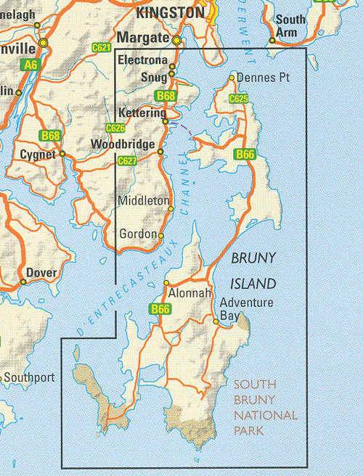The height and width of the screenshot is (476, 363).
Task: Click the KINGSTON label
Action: (x=170, y=12)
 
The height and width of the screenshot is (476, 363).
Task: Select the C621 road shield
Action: (x=102, y=48)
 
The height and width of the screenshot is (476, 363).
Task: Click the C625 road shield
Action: (x=239, y=98)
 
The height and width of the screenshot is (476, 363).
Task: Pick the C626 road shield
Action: (x=115, y=128)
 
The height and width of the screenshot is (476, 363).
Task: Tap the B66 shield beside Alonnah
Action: (x=160, y=310)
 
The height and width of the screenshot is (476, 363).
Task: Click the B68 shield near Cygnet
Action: (x=50, y=136)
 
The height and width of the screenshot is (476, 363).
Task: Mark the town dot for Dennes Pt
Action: (x=232, y=78)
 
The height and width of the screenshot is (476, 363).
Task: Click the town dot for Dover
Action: (x=23, y=282)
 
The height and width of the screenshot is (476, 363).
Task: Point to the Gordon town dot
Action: (x=160, y=236)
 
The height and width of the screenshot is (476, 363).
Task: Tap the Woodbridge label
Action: (x=123, y=144)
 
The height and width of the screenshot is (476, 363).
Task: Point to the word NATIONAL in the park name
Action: (x=265, y=416)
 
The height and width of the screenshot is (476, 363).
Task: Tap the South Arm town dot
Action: (x=272, y=41)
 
